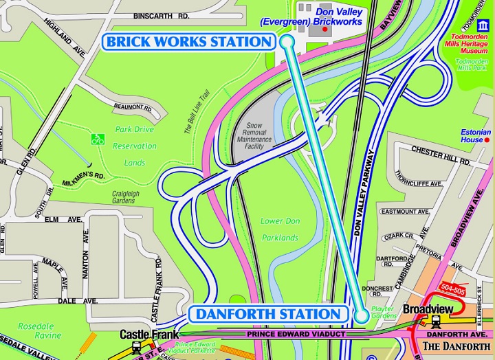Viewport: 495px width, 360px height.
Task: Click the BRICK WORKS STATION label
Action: (x=189, y=42)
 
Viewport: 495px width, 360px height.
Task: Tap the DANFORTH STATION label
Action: (x=268, y=315)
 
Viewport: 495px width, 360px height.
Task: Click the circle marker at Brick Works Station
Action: (x=287, y=42)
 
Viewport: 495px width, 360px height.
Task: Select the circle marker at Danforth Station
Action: (x=362, y=316)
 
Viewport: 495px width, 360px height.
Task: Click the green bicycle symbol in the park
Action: (x=98, y=139)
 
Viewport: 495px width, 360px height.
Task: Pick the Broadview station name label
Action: (x=427, y=309)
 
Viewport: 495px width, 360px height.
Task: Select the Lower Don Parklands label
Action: (x=280, y=229)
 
